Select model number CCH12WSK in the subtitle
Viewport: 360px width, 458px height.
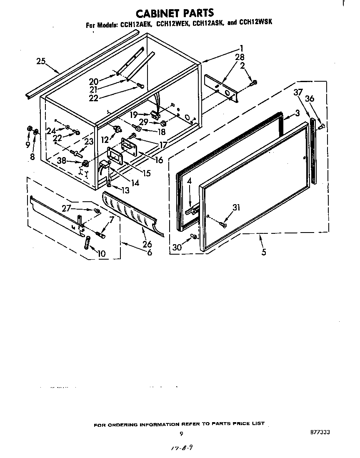pos(256,23)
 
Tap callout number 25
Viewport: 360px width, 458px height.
pos(40,62)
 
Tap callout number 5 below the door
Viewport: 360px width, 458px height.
pos(264,252)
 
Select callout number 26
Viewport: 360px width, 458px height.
pos(147,245)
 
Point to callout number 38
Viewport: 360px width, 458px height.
pos(61,160)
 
